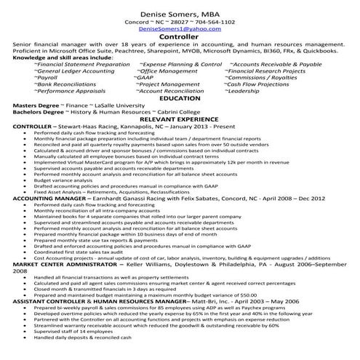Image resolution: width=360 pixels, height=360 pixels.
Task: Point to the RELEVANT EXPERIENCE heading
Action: click(180, 119)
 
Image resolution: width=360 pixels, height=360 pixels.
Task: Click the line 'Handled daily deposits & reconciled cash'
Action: click(83, 337)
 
